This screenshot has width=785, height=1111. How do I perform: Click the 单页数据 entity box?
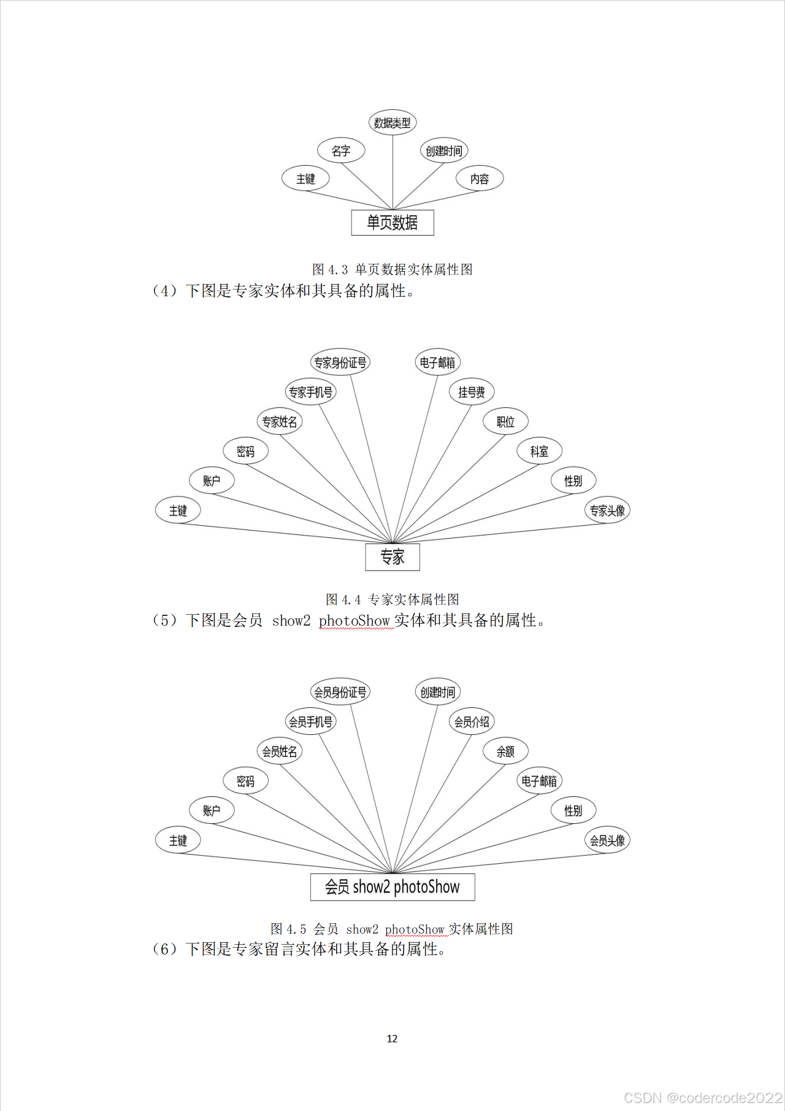pos(392,223)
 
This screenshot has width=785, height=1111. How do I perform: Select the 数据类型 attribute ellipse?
pos(392,123)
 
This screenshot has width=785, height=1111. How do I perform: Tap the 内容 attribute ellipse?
pos(480,179)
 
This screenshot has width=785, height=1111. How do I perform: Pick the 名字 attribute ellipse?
pos(341,151)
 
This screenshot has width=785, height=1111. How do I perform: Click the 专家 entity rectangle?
pos(392,557)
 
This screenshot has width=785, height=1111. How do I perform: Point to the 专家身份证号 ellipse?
pos(340,363)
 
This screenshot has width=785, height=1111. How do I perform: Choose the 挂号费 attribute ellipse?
pos(472,392)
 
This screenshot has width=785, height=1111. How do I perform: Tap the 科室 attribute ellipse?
pos(540,452)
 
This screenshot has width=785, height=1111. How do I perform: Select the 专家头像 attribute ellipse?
pos(607,510)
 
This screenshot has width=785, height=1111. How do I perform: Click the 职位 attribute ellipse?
pos(505,421)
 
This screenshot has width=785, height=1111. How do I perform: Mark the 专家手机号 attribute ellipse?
pos(311,392)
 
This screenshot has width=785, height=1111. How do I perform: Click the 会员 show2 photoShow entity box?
pos(392,887)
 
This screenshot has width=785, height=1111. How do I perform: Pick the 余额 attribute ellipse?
pos(505,752)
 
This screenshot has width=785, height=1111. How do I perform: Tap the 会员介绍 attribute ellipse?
pos(472,722)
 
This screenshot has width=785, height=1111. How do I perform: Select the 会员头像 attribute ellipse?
pos(607,840)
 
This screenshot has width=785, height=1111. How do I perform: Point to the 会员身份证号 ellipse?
pos(340,693)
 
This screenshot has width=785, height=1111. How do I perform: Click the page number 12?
pos(392,1039)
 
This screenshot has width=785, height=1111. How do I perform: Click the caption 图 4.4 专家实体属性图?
pos(392,599)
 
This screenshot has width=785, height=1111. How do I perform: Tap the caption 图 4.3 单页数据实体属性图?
pos(392,269)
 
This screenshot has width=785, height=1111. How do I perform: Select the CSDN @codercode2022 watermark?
pos(703,1098)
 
